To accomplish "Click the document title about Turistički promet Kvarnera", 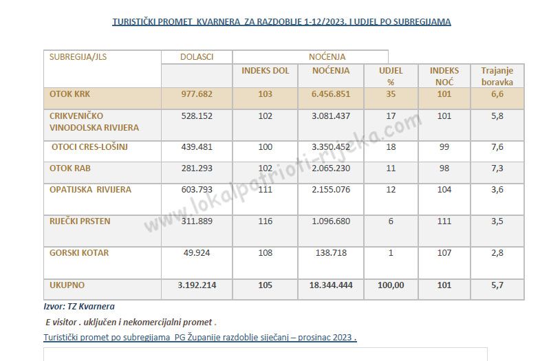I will (281, 22).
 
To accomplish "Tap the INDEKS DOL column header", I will (265, 71).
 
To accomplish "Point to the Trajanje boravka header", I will (497, 76).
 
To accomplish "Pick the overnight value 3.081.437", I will (330, 116).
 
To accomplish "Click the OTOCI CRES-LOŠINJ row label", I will (89, 146).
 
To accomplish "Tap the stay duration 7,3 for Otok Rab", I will (497, 168).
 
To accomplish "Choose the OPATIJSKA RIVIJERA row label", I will (90, 190).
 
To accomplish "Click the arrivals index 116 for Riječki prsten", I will (265, 221).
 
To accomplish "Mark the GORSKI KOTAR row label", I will (79, 253).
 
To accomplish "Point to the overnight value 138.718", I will (330, 254).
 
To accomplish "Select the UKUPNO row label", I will (68, 285).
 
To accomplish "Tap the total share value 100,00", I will (391, 285).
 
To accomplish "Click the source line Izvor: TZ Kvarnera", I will (78, 307).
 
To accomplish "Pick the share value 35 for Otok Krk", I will (391, 94).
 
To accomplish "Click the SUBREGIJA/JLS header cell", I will (78, 57).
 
